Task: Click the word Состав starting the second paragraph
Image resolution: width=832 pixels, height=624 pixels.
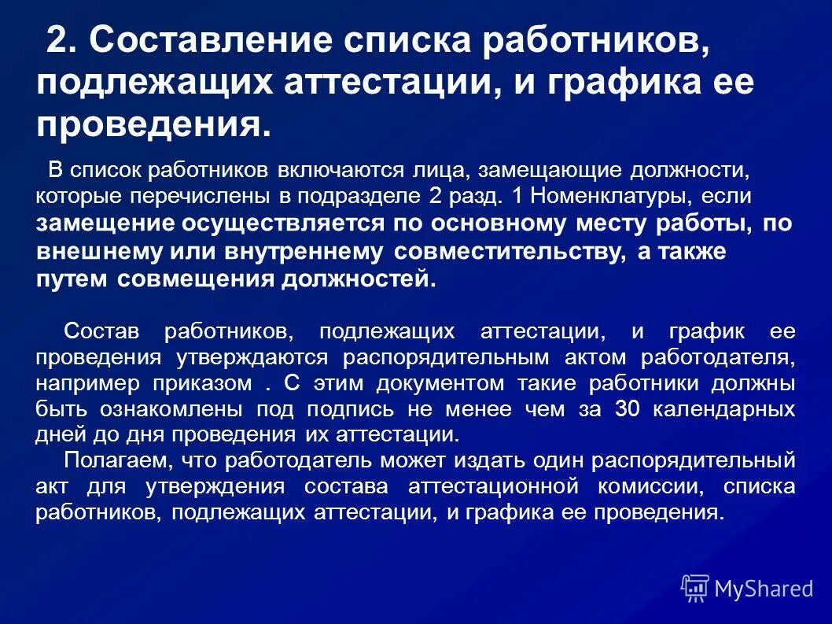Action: [98, 331]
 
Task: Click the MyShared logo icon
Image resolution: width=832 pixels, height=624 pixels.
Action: [695, 588]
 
